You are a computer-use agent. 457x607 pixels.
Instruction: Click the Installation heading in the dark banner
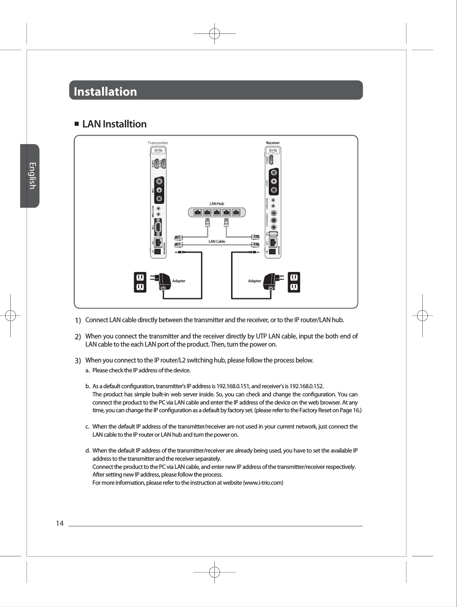[105, 91]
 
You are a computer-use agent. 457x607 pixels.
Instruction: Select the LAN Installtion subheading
[114, 124]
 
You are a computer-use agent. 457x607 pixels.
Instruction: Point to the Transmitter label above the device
[158, 143]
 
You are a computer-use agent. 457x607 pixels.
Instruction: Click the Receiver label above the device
[273, 143]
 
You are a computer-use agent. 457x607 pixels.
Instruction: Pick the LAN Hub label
[216, 204]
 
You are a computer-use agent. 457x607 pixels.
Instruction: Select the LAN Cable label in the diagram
[216, 242]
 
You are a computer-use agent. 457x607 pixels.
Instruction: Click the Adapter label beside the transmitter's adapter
[179, 281]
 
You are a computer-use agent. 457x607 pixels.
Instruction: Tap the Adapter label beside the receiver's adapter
[254, 281]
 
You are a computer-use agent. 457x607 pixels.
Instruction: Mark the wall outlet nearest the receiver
[294, 282]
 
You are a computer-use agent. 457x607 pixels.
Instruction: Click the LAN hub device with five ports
[216, 212]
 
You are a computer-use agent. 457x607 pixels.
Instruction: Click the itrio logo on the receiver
[273, 151]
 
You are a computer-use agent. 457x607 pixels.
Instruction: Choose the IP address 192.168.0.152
[307, 386]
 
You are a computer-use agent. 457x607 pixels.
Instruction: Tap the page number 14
[60, 523]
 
